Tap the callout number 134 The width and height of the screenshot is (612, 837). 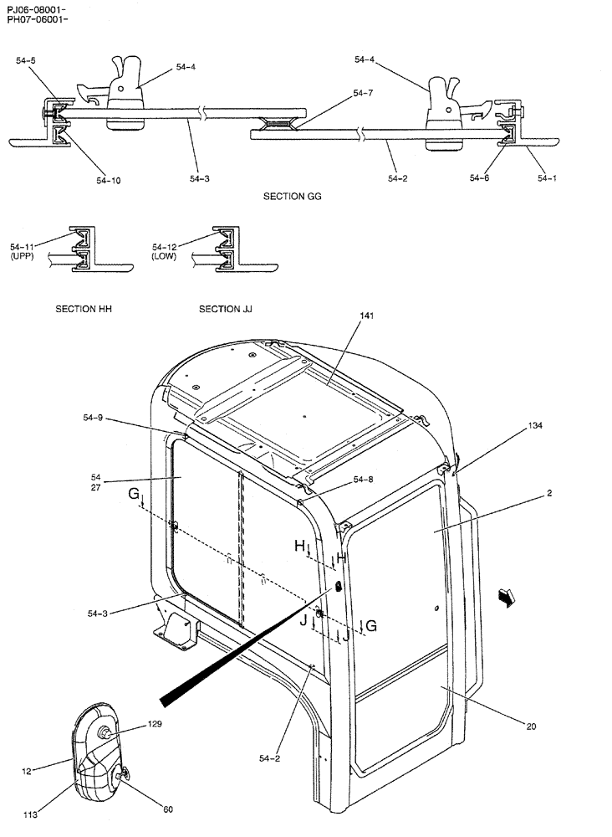pos(535,426)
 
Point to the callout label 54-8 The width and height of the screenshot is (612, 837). pos(364,479)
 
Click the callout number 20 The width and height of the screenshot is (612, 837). pos(532,727)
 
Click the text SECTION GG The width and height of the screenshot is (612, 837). pos(293,197)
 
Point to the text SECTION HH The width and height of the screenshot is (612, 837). pos(84,309)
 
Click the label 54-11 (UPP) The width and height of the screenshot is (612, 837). pos(23,251)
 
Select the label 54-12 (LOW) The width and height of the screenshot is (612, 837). pos(166,251)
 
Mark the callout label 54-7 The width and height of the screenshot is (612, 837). pos(364,93)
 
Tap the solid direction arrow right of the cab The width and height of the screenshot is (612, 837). pos(505,596)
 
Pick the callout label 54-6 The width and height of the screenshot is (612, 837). pos(480,177)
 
